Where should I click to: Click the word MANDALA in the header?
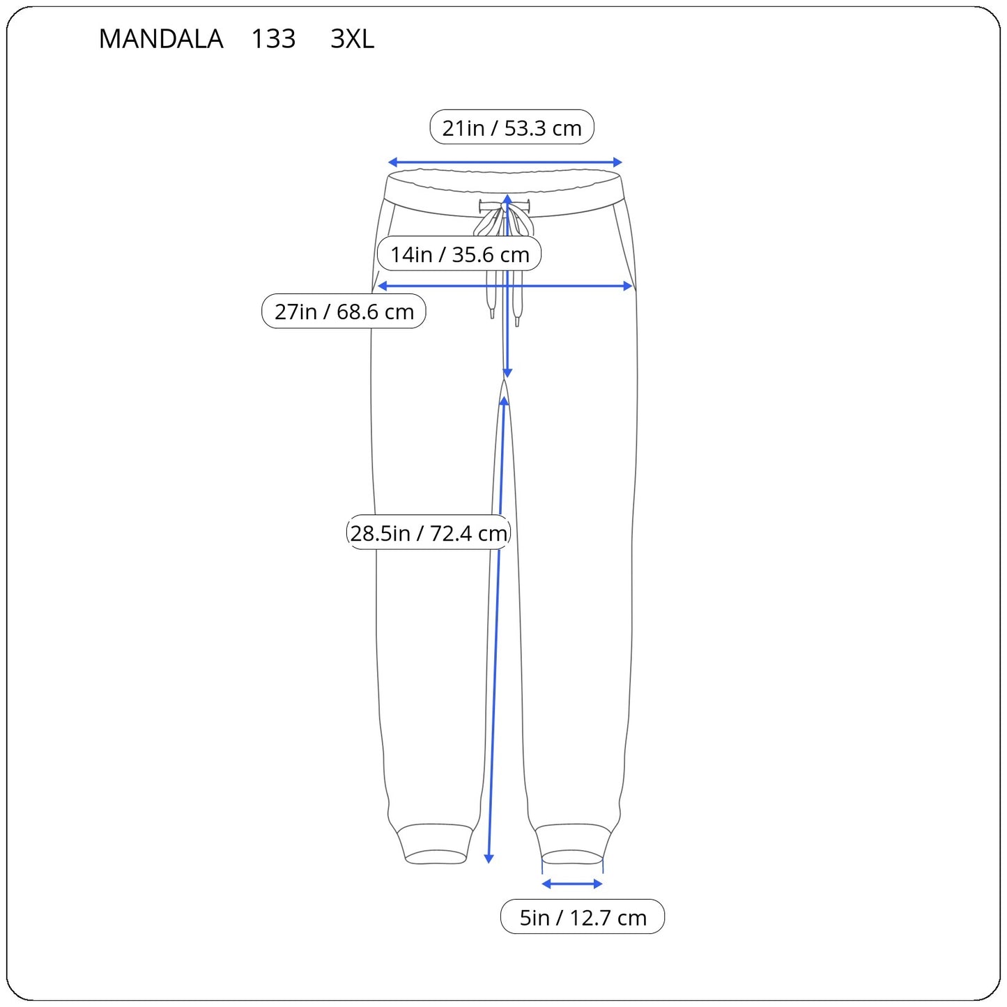pos(161,38)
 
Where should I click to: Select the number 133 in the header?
pos(273,38)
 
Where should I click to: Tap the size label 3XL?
pos(352,38)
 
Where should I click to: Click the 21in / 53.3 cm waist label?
pos(512,128)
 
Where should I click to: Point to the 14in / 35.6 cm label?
pos(459,254)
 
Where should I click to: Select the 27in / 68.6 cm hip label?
pos(344,312)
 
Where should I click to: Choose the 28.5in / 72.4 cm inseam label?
pos(429,532)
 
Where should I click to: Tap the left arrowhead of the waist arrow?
pos(392,162)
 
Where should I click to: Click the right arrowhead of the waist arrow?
pos(617,162)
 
